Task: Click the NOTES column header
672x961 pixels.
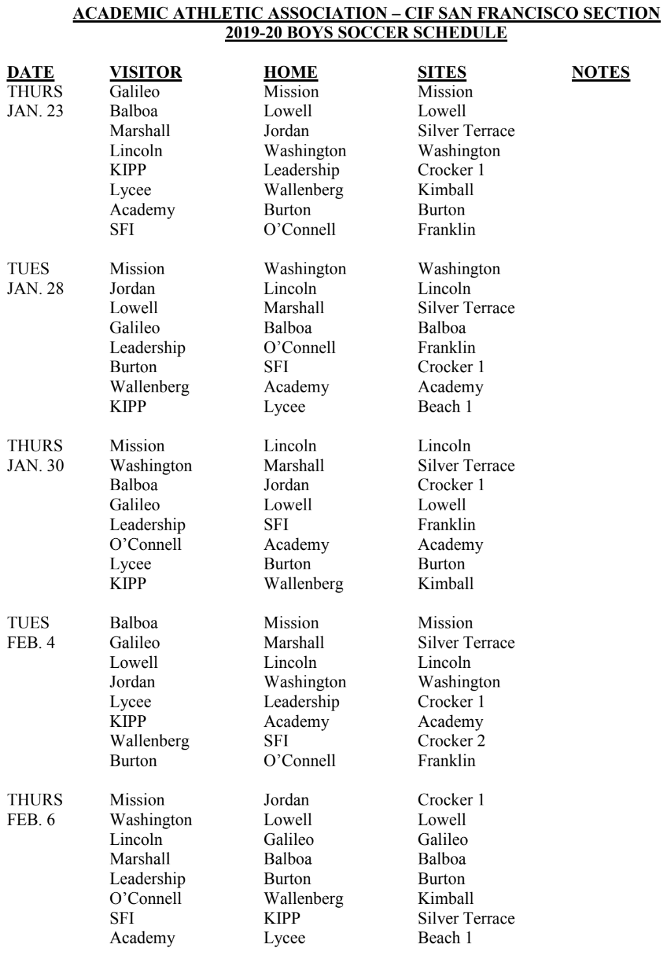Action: [600, 72]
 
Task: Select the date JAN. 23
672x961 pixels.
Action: [35, 111]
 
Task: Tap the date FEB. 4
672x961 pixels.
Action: [31, 643]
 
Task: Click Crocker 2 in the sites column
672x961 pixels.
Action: [451, 741]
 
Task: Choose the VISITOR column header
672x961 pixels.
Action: [145, 72]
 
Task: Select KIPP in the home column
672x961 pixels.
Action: [282, 918]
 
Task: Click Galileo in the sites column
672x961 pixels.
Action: [442, 839]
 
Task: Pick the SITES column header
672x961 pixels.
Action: [442, 72]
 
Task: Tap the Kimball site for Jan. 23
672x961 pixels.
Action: [446, 190]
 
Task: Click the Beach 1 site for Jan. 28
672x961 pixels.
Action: [444, 407]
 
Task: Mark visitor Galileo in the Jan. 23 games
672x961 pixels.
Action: [134, 91]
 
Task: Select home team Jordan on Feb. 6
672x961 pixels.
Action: [286, 800]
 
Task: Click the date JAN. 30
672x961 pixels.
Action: [35, 466]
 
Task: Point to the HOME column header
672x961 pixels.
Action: [291, 72]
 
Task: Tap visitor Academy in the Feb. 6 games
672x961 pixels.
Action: [142, 938]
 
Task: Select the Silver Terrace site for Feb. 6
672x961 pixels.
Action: [466, 918]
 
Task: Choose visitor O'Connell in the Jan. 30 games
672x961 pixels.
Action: [145, 544]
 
